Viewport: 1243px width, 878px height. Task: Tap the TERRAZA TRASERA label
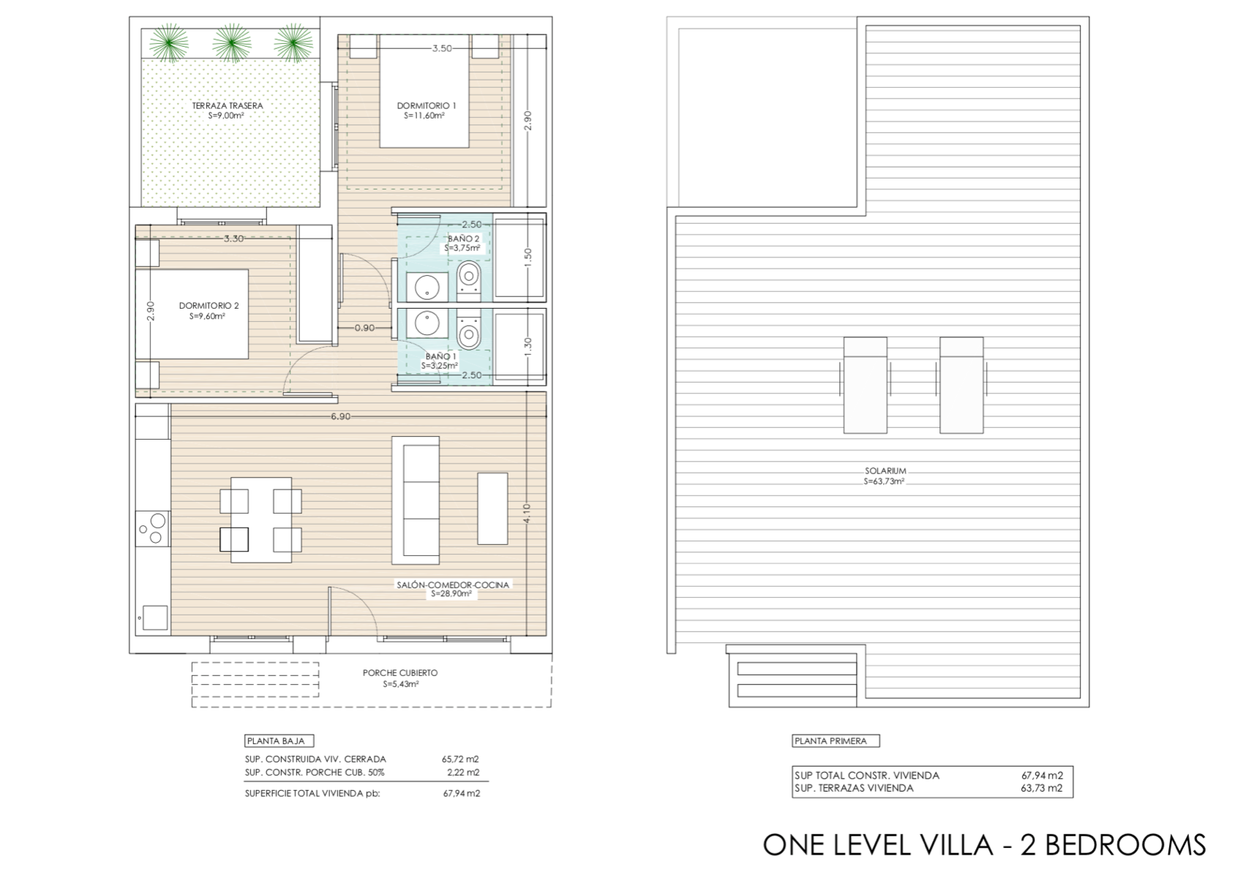(x=228, y=105)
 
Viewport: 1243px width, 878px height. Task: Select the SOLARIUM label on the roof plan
(x=885, y=470)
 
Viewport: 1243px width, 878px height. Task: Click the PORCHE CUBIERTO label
(x=400, y=672)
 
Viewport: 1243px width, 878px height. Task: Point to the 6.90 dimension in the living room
(x=341, y=416)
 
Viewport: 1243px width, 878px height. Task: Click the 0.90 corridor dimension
(x=364, y=328)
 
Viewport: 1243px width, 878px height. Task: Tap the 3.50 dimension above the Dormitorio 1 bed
(x=442, y=48)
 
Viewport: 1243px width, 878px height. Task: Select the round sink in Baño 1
(x=427, y=323)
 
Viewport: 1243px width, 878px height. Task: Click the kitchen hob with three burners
(x=153, y=528)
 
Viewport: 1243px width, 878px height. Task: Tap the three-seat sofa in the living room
(x=416, y=500)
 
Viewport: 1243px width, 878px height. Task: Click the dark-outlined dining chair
(x=233, y=539)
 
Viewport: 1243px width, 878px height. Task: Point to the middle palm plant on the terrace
(x=233, y=42)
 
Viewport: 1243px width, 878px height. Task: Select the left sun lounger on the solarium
(x=865, y=385)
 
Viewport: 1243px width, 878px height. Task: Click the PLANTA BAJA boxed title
(x=279, y=741)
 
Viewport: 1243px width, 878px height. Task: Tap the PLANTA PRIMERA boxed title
(x=835, y=741)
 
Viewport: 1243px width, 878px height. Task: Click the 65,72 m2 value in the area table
(x=460, y=759)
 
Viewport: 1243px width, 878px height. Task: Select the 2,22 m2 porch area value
(x=463, y=772)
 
